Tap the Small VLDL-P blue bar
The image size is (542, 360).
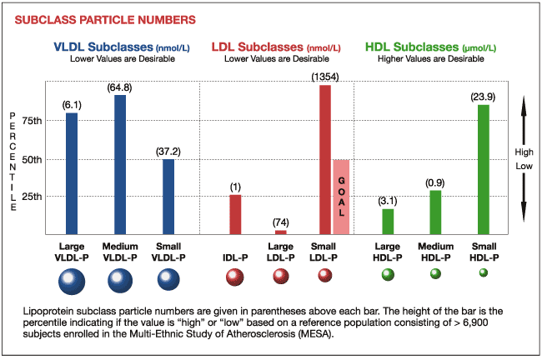tap(168, 196)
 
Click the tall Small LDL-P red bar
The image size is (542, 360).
tap(325, 159)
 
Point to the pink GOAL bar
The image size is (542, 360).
tap(341, 196)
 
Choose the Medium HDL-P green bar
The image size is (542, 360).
tap(435, 212)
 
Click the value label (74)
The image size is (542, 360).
tap(280, 222)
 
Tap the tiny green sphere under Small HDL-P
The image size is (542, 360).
tap(484, 272)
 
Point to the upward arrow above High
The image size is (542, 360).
tap(523, 117)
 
